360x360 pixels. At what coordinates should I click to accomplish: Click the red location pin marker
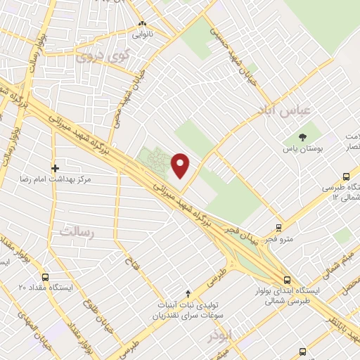[181, 165]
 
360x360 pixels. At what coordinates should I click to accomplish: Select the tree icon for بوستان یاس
[302, 136]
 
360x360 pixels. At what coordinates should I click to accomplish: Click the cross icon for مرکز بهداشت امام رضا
[55, 168]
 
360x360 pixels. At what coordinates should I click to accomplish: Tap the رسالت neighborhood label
[78, 231]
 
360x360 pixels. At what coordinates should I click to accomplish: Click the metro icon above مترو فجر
[279, 228]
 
